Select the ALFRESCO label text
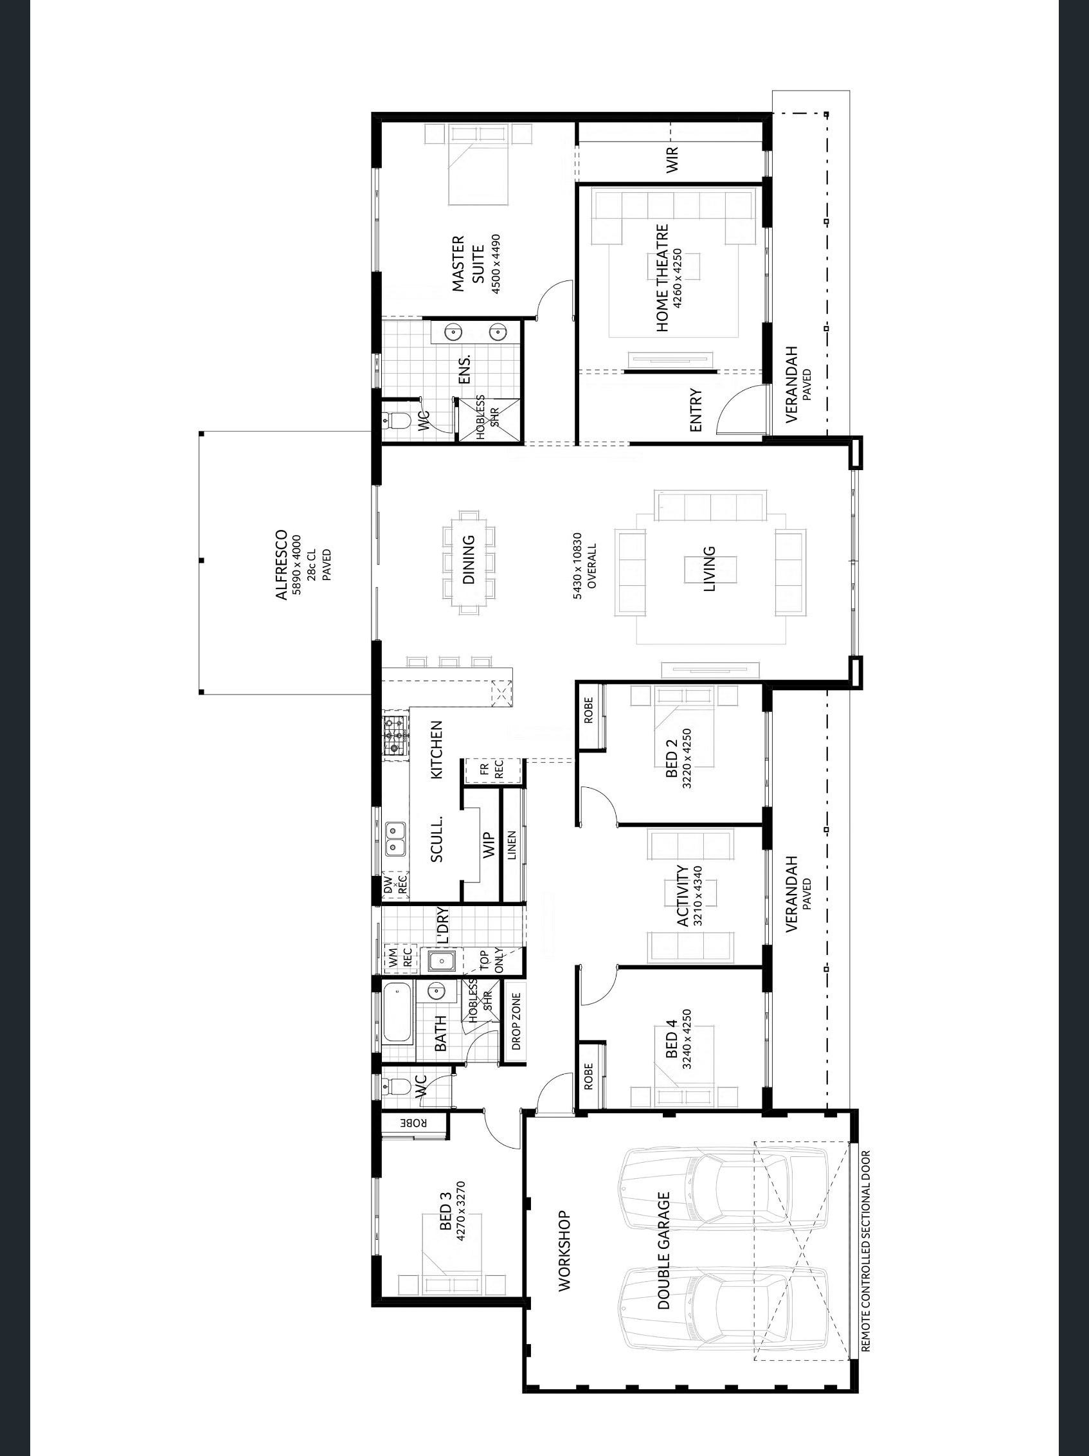[x=281, y=564]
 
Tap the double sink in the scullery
[x=395, y=839]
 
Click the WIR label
[x=672, y=160]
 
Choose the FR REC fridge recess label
[x=493, y=769]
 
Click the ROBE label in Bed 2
[x=588, y=709]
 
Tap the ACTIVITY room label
[x=683, y=896]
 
